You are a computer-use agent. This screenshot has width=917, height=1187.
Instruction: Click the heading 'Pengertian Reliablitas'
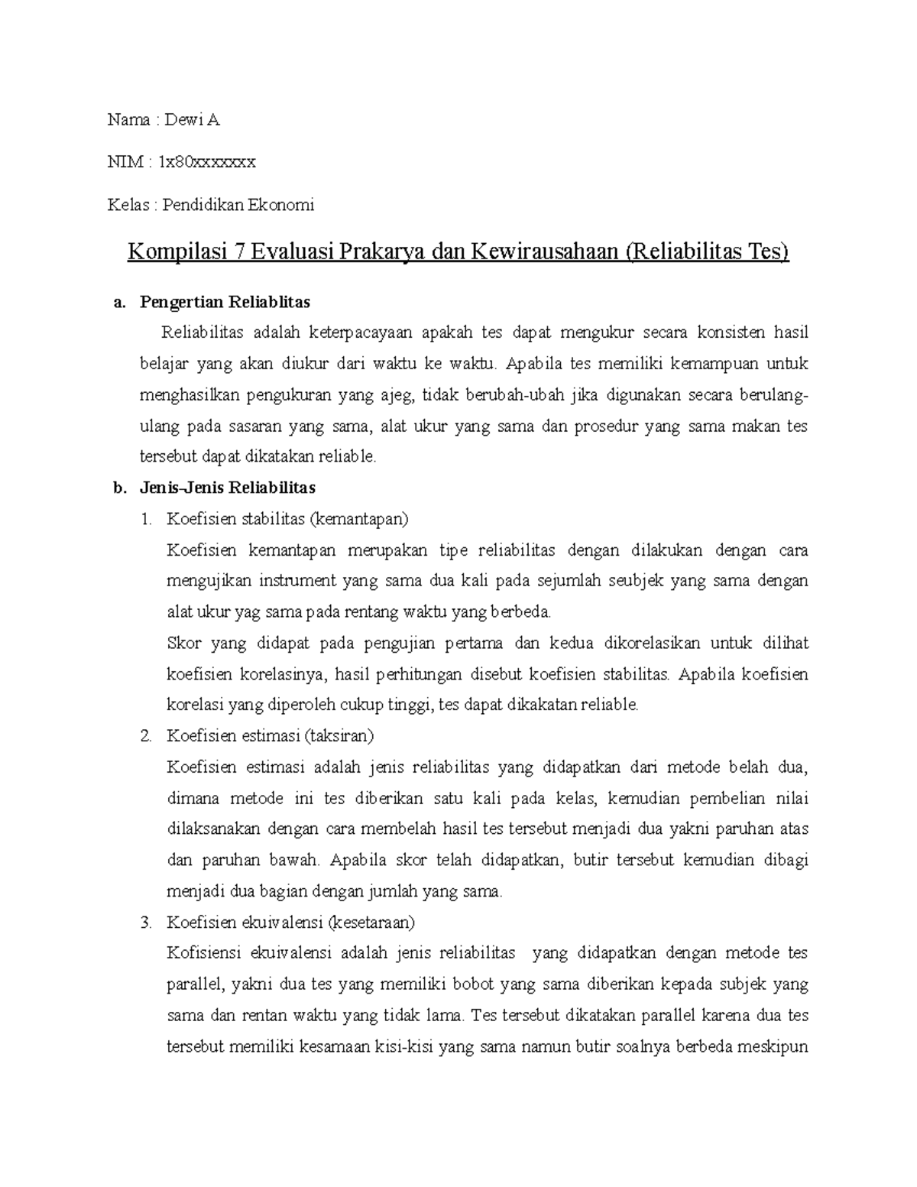pyautogui.click(x=225, y=302)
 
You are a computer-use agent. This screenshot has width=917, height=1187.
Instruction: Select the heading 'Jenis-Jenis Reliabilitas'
pyautogui.click(x=228, y=488)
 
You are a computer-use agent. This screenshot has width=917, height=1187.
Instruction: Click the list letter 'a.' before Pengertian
pyautogui.click(x=118, y=302)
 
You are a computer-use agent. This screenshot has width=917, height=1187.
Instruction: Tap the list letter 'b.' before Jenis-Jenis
pyautogui.click(x=118, y=488)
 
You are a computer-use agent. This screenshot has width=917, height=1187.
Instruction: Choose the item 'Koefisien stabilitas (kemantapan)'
pyautogui.click(x=288, y=519)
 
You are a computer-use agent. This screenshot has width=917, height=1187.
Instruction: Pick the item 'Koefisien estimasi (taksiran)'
pyautogui.click(x=270, y=736)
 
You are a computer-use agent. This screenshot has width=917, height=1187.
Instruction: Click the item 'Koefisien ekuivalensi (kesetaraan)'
pyautogui.click(x=290, y=922)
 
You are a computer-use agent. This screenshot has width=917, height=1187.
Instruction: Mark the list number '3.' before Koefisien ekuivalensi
pyautogui.click(x=147, y=922)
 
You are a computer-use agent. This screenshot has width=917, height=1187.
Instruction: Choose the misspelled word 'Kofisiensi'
pyautogui.click(x=203, y=953)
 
